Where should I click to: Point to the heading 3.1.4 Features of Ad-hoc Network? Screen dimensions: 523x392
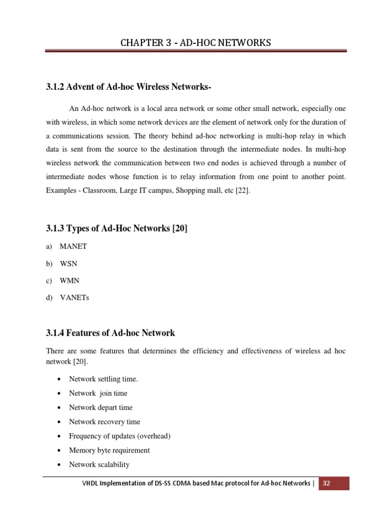tap(110, 333)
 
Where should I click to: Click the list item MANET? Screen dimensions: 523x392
tap(73, 246)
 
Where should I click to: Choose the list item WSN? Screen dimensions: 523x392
tap(68, 264)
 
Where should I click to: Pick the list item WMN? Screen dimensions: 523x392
tap(69, 280)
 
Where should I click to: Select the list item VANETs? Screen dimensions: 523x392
tap(74, 298)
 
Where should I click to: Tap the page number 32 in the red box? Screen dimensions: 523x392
tap(327, 483)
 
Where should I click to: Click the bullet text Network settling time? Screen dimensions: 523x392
tap(103, 379)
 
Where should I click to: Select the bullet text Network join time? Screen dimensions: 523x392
tap(98, 393)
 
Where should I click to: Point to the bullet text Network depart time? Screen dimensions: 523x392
tap(101, 408)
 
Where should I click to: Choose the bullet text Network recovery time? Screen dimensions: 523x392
tap(105, 422)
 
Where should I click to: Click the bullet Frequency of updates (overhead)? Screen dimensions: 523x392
tap(119, 436)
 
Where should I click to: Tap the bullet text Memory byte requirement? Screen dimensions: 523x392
tap(109, 450)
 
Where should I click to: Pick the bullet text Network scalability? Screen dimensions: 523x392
tap(99, 465)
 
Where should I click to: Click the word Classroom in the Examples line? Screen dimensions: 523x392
tap(102, 191)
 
